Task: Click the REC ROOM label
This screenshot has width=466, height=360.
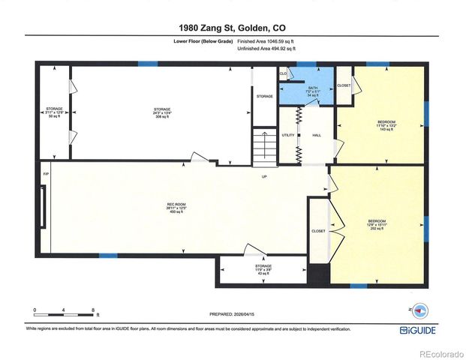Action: [176, 207]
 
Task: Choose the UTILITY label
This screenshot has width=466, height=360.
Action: [287, 135]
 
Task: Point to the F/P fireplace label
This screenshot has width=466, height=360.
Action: [45, 174]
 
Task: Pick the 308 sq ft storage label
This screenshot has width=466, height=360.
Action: [162, 113]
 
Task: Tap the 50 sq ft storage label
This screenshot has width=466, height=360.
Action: [53, 113]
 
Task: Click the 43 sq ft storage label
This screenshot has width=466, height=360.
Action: [263, 269]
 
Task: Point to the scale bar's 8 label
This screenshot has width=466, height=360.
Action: [92, 310]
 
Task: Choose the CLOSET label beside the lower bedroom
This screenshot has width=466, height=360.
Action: [318, 231]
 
